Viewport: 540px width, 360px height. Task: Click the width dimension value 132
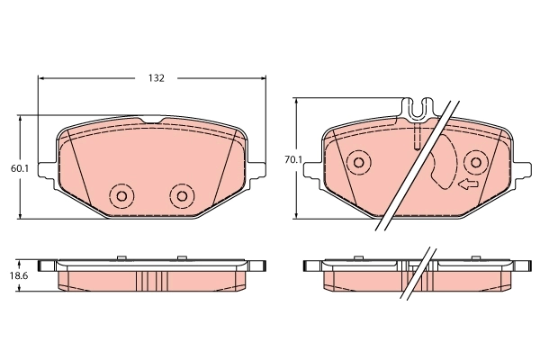(x=156, y=78)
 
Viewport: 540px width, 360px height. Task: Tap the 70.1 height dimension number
(x=292, y=159)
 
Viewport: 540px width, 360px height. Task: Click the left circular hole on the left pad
(x=120, y=195)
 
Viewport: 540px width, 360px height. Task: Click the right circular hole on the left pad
(x=182, y=195)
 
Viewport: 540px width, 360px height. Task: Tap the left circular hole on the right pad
(x=358, y=163)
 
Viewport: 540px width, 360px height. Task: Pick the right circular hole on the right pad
(x=476, y=163)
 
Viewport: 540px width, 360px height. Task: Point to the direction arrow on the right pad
(x=466, y=185)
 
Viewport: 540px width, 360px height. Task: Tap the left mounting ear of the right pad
(x=316, y=175)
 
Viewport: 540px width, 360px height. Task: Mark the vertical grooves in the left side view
(x=150, y=282)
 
